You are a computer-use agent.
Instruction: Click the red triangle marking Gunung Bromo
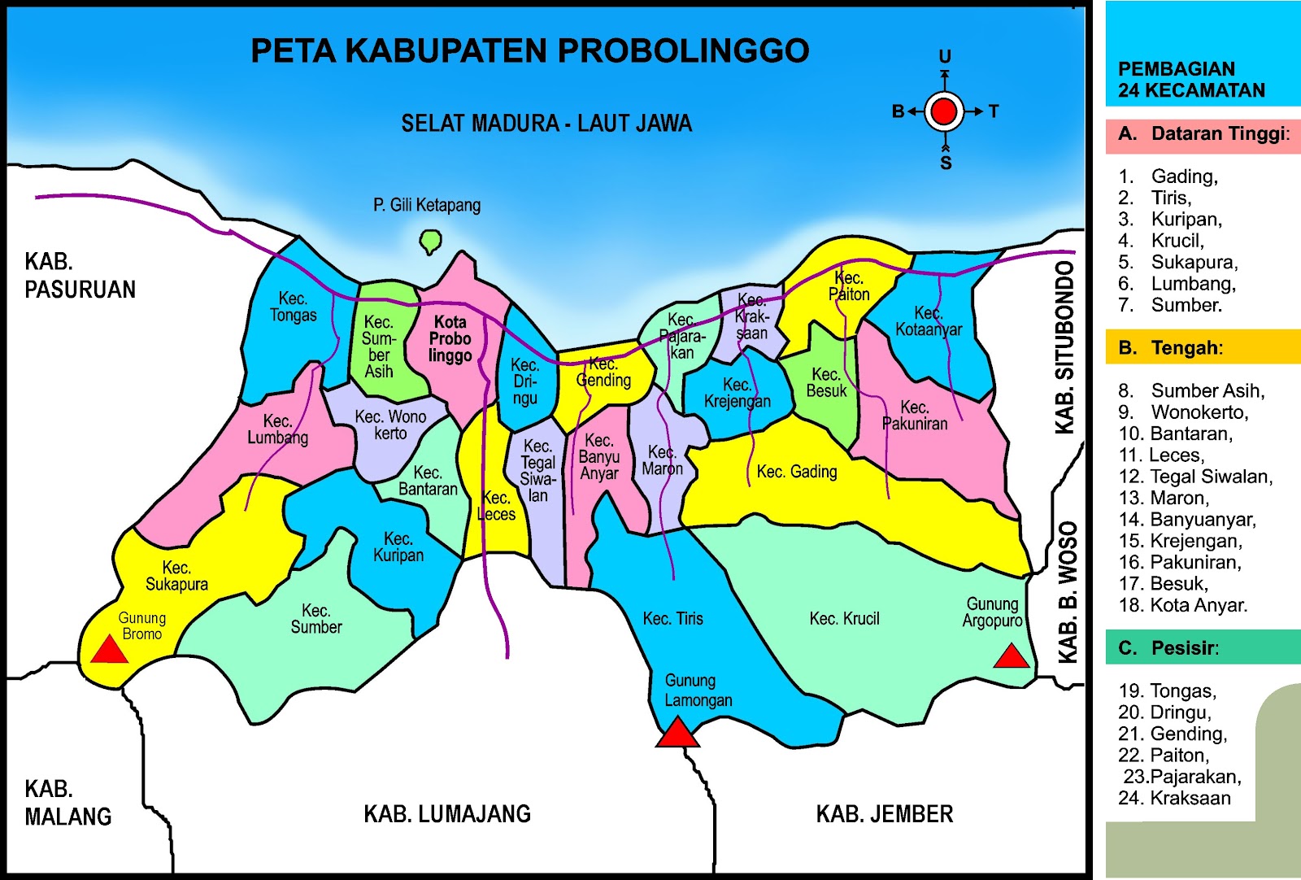tap(109, 651)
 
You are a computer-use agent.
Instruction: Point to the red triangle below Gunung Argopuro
tap(1012, 657)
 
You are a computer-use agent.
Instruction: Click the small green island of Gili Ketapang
tap(430, 241)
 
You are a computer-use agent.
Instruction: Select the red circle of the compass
tap(944, 111)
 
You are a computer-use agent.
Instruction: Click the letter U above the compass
tap(944, 56)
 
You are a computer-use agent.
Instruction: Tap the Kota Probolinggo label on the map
tap(450, 339)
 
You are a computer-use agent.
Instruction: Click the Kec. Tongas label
tap(293, 307)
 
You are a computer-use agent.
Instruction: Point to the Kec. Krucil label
tap(844, 619)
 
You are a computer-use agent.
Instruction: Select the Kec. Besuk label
tap(826, 382)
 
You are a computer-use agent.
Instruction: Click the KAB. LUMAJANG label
tap(446, 814)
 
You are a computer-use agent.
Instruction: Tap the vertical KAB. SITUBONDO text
tap(1064, 347)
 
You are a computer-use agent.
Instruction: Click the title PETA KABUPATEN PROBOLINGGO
tap(529, 50)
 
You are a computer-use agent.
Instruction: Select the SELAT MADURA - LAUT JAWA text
tap(546, 124)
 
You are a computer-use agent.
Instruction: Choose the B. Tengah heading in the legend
tap(1171, 348)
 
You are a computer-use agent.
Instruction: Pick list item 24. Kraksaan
tap(1174, 799)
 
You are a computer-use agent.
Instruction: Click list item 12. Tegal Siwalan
tap(1195, 477)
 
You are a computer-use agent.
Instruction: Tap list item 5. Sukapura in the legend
tap(1178, 262)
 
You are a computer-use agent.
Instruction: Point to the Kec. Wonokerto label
tap(390, 425)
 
